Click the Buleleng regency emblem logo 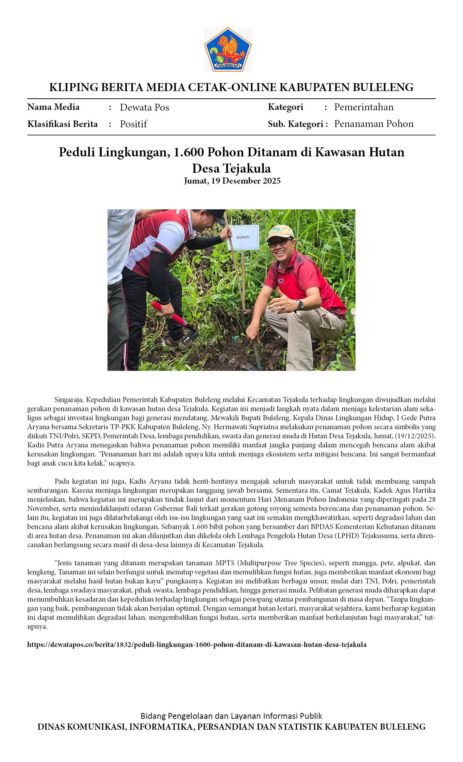point(228,50)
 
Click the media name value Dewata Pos point(145,107)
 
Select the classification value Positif point(133,124)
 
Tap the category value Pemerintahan point(364,107)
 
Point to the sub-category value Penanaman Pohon point(374,124)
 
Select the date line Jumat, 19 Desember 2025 point(232,181)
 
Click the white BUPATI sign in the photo point(243,237)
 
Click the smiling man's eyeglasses point(280,242)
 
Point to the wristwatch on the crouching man point(300,305)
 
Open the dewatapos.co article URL point(196,644)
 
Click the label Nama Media point(53,107)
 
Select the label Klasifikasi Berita point(62,124)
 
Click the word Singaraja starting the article point(69,400)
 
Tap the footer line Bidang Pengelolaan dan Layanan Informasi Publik point(231,716)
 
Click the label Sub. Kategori point(295,124)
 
